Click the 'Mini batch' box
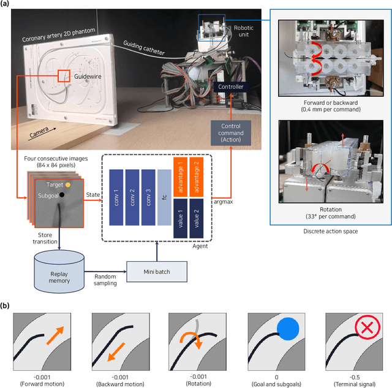coord(149,271)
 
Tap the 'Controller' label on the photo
coord(230,87)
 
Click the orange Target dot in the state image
coord(68,184)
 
